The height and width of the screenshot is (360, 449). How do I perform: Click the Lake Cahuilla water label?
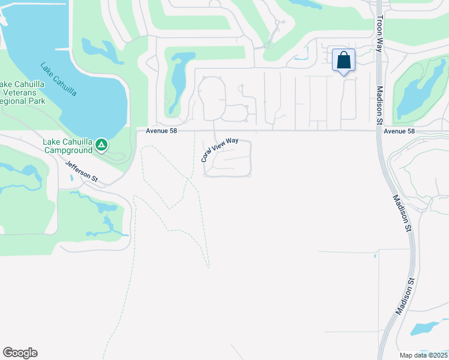tap(58, 79)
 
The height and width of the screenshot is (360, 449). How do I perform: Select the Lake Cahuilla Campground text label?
tap(67, 146)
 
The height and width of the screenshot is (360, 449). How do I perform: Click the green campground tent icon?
tap(102, 145)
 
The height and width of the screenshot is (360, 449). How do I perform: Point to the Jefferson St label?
tap(81, 172)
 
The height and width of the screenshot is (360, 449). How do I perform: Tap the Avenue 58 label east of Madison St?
tap(399, 131)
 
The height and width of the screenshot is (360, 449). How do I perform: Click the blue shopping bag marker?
tap(343, 61)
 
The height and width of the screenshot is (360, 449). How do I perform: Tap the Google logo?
tap(20, 353)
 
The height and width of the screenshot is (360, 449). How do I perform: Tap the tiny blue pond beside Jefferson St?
tap(71, 178)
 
